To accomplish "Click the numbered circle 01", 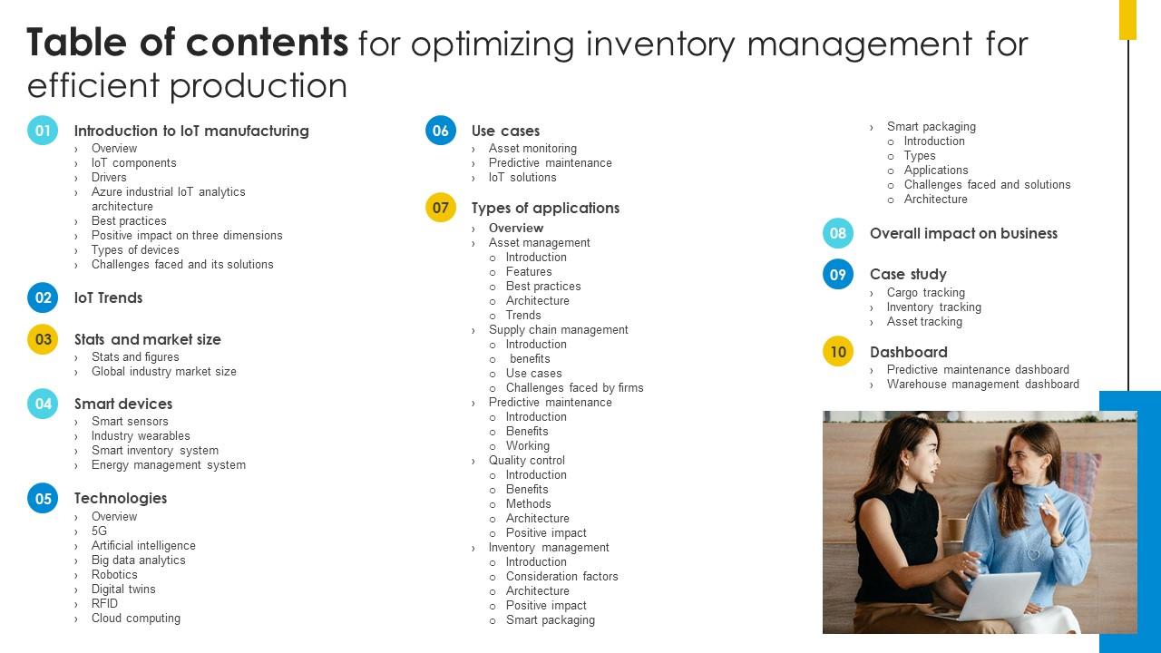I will click(x=43, y=131).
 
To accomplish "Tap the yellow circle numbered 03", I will click(x=43, y=339).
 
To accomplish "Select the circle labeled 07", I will click(x=441, y=208).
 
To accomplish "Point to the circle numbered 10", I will click(x=838, y=352).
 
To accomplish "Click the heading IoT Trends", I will click(x=108, y=297).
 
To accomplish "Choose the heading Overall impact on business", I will click(x=963, y=233).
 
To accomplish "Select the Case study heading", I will click(x=908, y=274).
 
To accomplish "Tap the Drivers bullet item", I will click(x=109, y=178).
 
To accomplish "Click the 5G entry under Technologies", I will click(x=99, y=531).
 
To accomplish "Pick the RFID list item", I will click(x=104, y=604).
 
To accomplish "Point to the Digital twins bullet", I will click(x=123, y=590).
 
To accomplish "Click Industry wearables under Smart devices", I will click(x=141, y=436).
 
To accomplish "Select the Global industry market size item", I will click(x=163, y=372).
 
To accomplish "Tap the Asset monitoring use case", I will click(x=532, y=149).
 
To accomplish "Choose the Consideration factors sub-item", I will click(x=561, y=577).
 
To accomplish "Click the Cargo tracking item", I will click(x=925, y=293).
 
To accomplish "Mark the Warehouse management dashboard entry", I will click(x=982, y=385).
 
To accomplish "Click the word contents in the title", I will click(x=267, y=43).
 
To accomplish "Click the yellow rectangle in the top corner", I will click(x=1127, y=19).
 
